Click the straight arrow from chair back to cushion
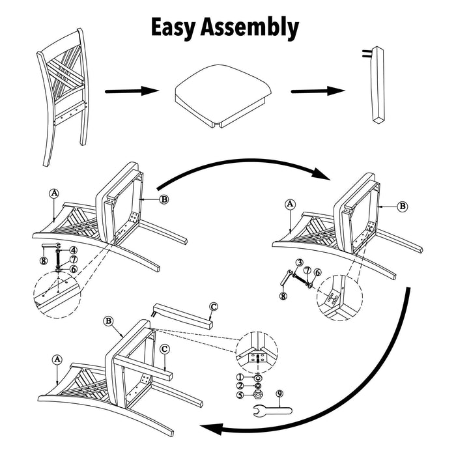131,93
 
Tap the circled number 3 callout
299,263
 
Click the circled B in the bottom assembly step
109,321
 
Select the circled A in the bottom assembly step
57,359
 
